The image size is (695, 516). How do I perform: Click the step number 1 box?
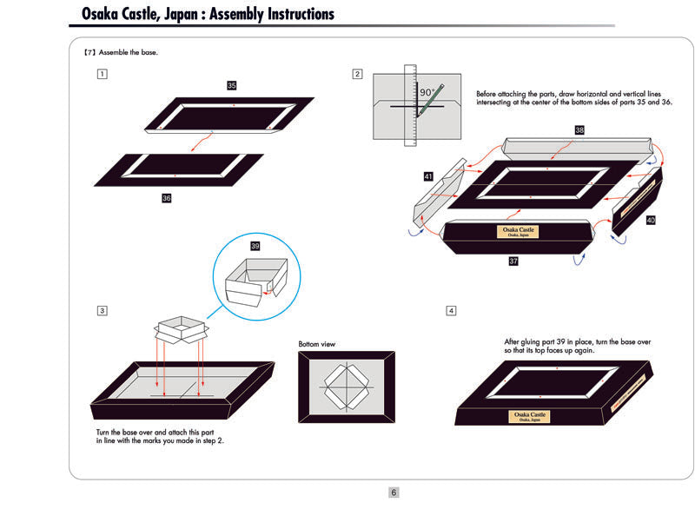103,74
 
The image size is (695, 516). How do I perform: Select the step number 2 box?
357,74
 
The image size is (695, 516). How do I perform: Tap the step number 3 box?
103,310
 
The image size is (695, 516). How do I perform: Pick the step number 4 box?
451,310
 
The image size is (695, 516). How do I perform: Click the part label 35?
232,85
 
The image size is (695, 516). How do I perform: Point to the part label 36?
167,198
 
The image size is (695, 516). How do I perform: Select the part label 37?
513,260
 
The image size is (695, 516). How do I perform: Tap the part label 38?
579,129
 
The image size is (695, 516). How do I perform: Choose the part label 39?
255,246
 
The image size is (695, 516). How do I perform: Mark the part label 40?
651,220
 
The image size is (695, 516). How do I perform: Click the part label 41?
428,176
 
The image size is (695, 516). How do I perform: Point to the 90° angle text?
427,91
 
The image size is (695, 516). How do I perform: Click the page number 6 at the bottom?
394,493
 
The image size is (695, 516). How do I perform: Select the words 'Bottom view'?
316,344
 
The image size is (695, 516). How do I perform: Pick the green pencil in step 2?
429,101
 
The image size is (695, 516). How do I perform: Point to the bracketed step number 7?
89,52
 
